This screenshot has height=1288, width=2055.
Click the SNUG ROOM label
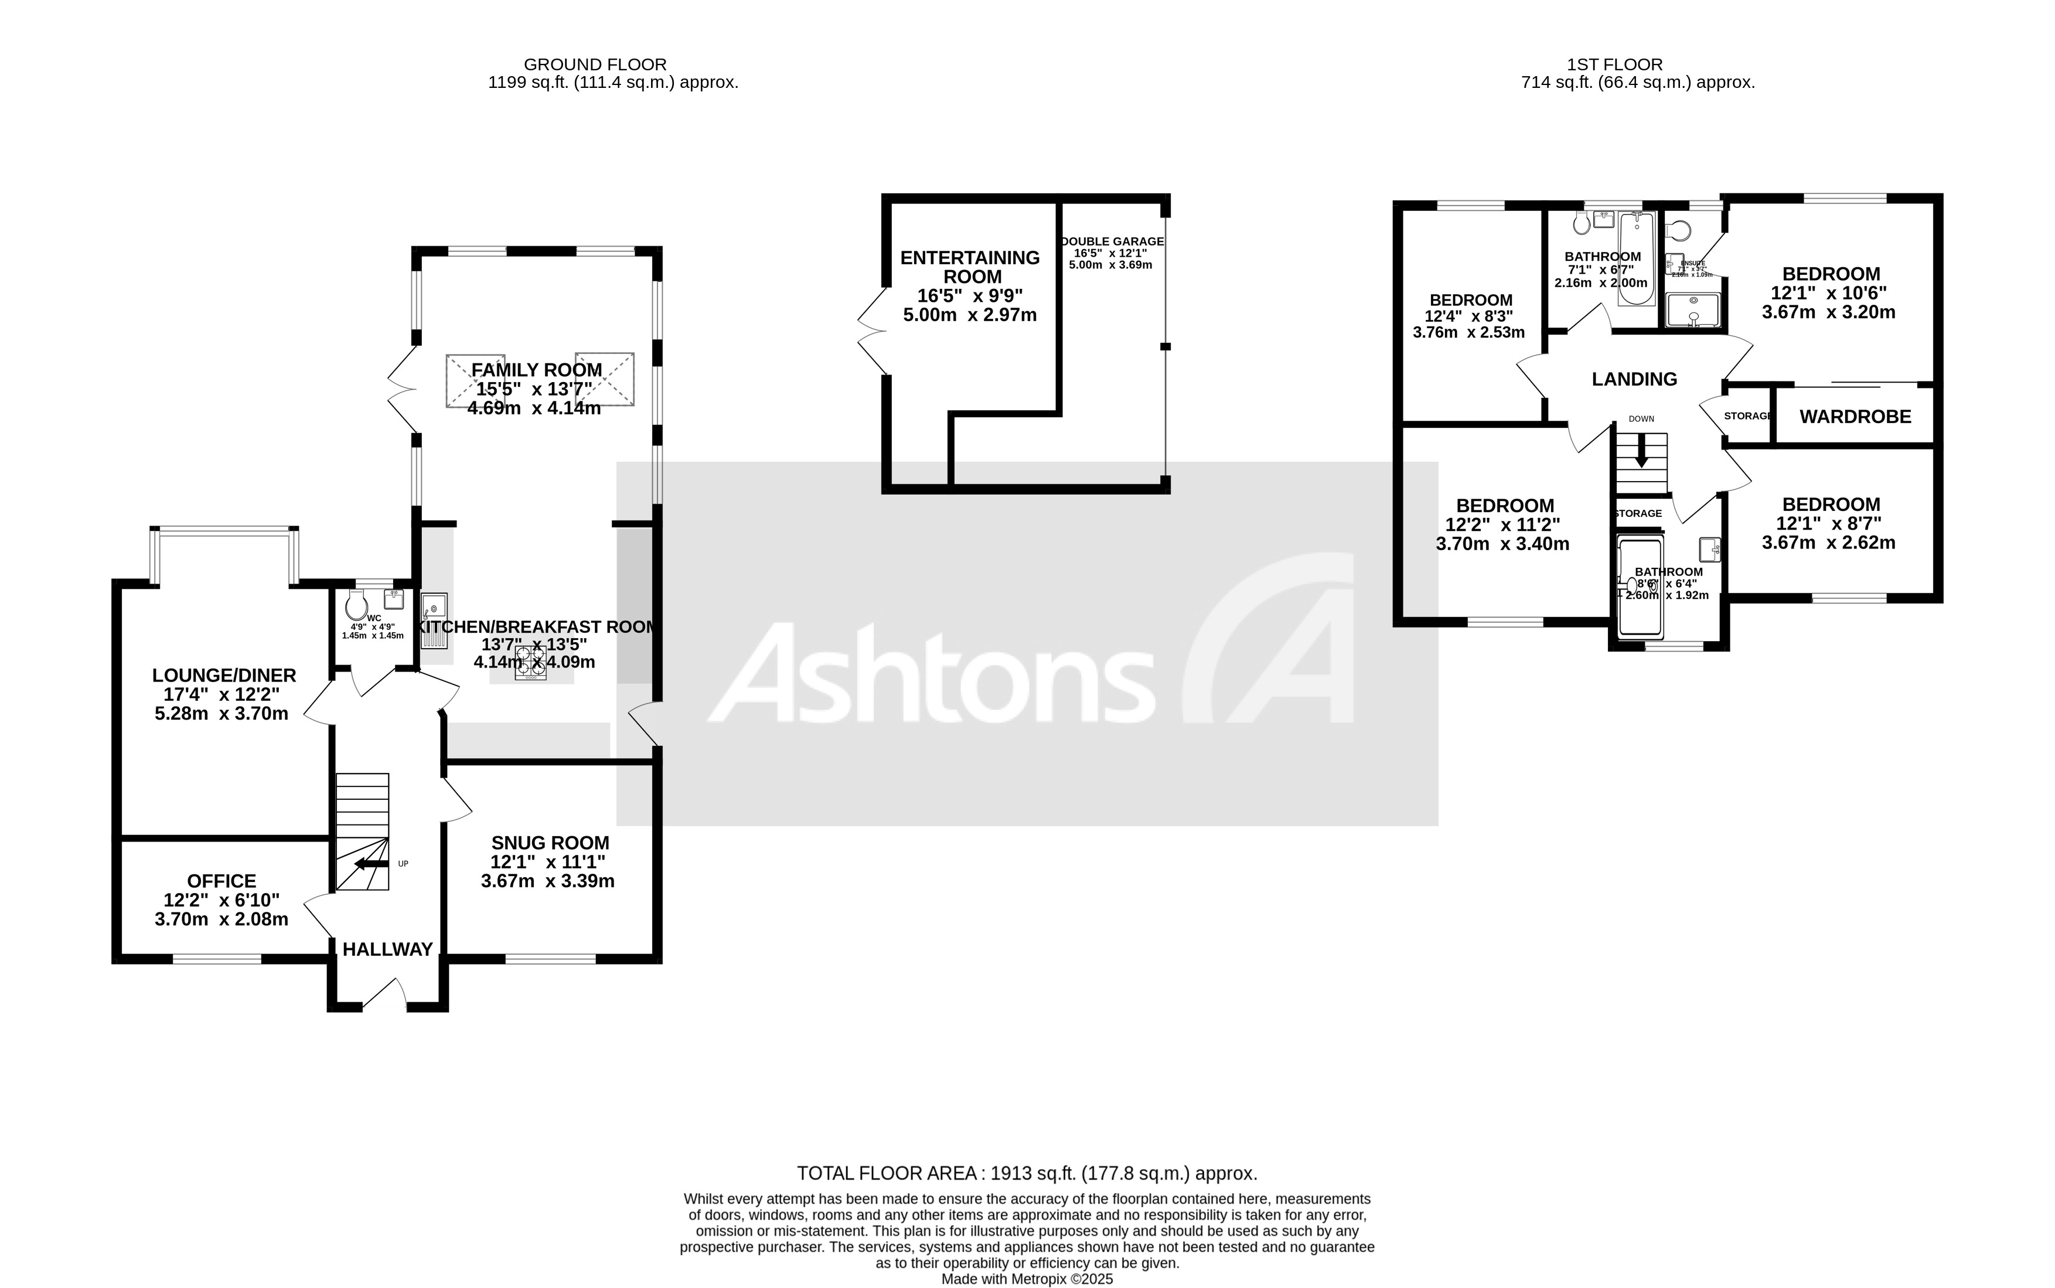[x=549, y=843]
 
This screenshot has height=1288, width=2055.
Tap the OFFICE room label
[x=221, y=881]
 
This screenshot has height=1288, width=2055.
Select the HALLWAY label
[x=387, y=949]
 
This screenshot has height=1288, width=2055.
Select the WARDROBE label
[x=1855, y=417]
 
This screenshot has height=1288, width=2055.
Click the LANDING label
[x=1634, y=379]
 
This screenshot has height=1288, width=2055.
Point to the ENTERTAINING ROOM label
[x=970, y=267]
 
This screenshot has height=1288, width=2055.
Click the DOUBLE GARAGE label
[x=1112, y=242]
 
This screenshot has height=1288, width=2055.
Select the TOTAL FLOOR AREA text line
[x=1026, y=1173]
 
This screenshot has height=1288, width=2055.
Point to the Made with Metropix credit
[x=1026, y=1279]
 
